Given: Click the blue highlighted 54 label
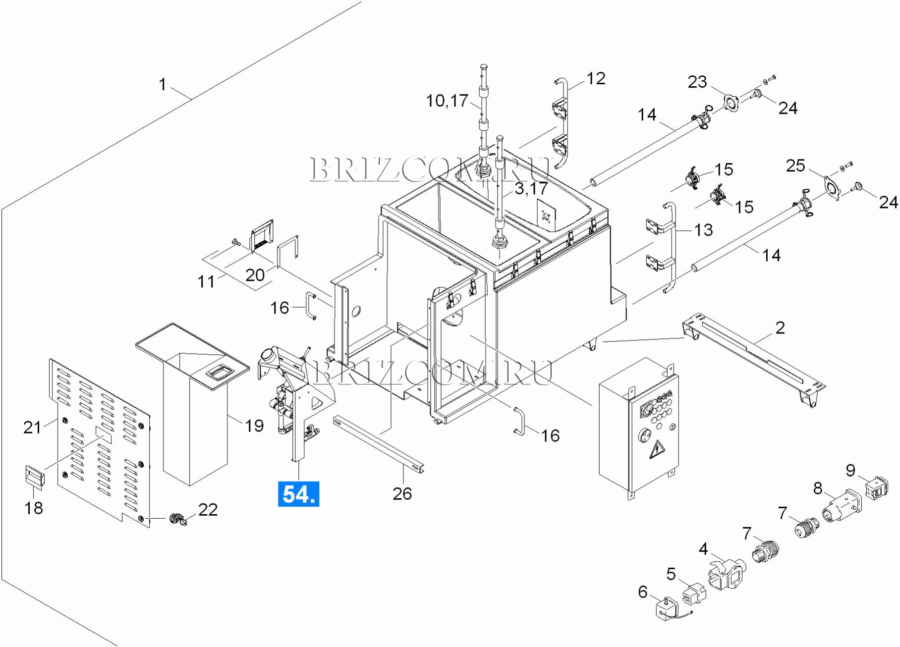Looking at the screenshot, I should coord(298,494).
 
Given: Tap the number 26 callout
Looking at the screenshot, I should coord(402,493).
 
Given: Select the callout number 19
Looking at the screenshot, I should coord(254,426).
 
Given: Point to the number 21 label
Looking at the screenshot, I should coord(32,427).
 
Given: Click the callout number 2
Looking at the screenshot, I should coord(780,327).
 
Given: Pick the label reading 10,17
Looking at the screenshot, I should coord(447,101).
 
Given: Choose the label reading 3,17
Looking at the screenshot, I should coord(531,188).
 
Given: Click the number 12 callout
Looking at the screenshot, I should coord(596,78).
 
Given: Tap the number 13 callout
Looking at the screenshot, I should coord(703,230).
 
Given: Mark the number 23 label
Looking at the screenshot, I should coord(697,82).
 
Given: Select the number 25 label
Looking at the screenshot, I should coord(795,165).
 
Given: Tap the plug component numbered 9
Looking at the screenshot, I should coord(876,487).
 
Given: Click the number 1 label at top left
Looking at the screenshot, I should coord(162,85).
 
